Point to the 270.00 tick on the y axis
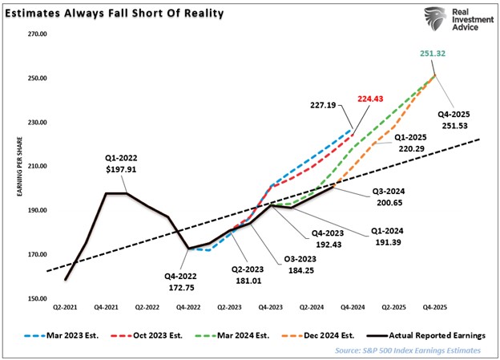pyautogui.click(x=38, y=34)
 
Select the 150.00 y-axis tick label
pyautogui.click(x=38, y=298)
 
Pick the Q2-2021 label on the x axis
pyautogui.click(x=66, y=308)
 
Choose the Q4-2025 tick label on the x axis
pyautogui.click(x=435, y=308)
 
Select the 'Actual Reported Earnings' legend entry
pyautogui.click(x=430, y=334)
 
